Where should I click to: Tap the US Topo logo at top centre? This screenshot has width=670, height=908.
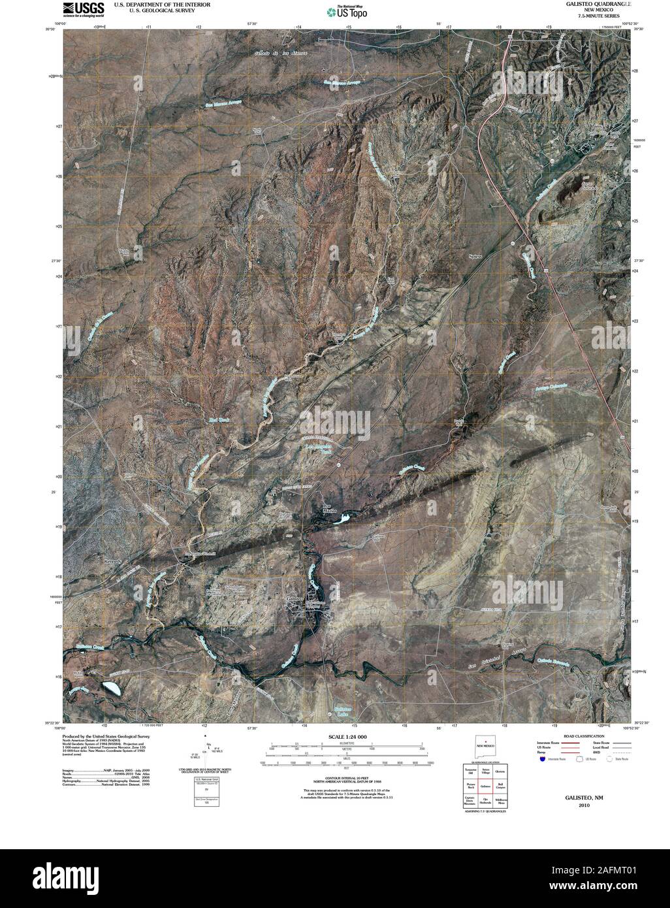click(x=347, y=10)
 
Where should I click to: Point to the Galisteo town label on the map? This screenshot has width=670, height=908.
click(x=296, y=598)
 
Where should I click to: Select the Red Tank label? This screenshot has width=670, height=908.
click(x=217, y=420)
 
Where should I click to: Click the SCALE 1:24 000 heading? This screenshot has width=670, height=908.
click(x=347, y=737)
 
